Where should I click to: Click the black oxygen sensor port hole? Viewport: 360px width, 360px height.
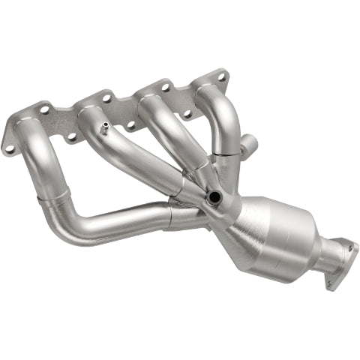point(215,197)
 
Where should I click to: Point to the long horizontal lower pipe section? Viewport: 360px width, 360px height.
point(120,223)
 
